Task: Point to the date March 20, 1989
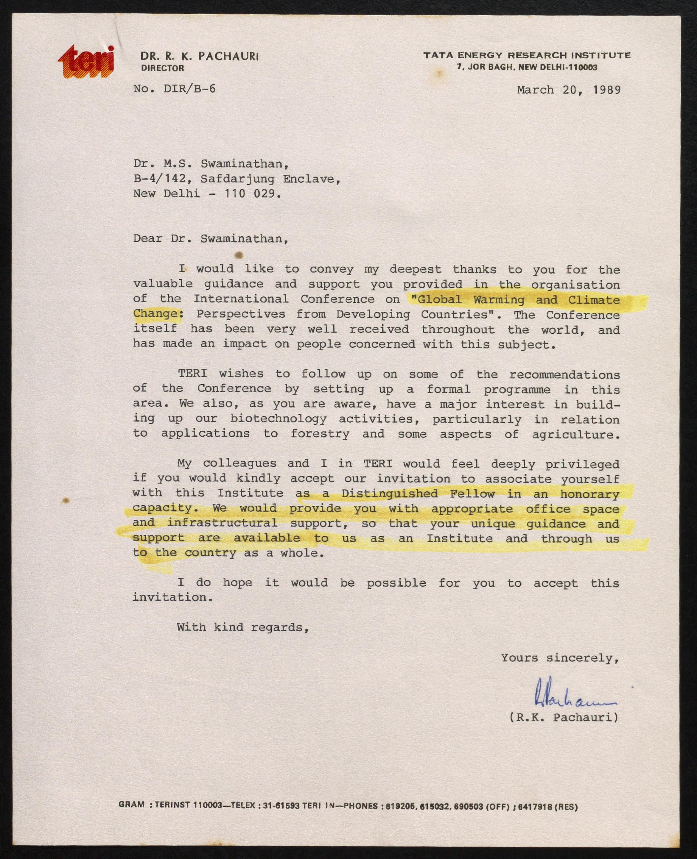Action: pos(569,90)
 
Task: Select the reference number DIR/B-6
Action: pos(189,89)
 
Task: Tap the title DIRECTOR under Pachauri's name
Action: pos(163,68)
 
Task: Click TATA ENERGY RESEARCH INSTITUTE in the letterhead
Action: pos(527,55)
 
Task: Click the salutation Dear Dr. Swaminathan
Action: pos(210,239)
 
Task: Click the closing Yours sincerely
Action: pos(560,658)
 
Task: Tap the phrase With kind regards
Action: pos(242,627)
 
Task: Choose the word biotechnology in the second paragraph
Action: pos(278,419)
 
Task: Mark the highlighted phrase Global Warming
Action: pos(471,300)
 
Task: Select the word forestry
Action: pos(320,434)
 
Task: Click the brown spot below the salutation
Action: pos(239,254)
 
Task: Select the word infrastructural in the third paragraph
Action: pos(222,523)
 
